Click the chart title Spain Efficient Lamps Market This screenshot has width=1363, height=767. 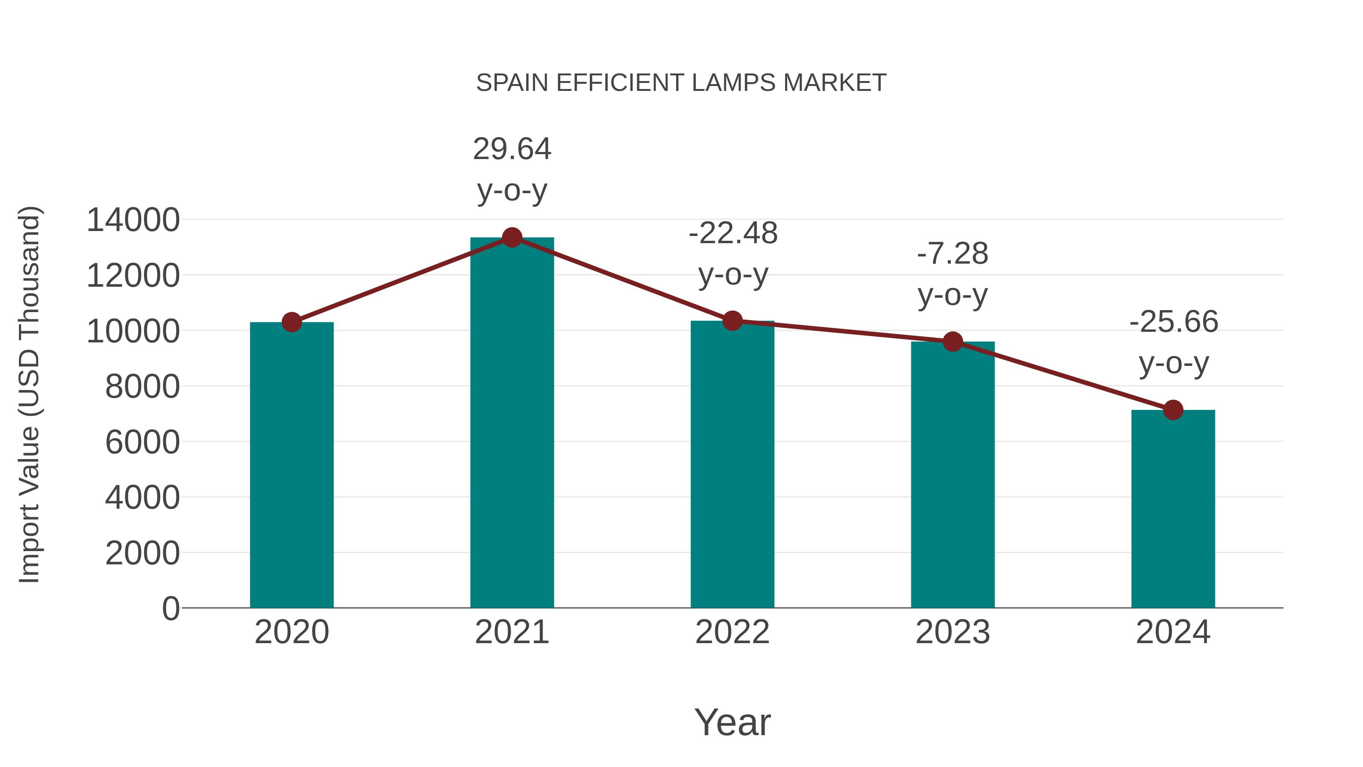click(681, 83)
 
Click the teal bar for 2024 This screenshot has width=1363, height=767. click(1173, 508)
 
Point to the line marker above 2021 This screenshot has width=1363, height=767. click(512, 237)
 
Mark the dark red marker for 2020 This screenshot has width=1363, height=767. click(292, 322)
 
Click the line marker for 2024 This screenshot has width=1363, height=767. click(1173, 410)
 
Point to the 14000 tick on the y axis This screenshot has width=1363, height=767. click(133, 220)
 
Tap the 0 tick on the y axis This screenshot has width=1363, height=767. click(170, 608)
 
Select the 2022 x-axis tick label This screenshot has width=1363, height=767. click(732, 632)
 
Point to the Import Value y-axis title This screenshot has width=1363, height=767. click(29, 394)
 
